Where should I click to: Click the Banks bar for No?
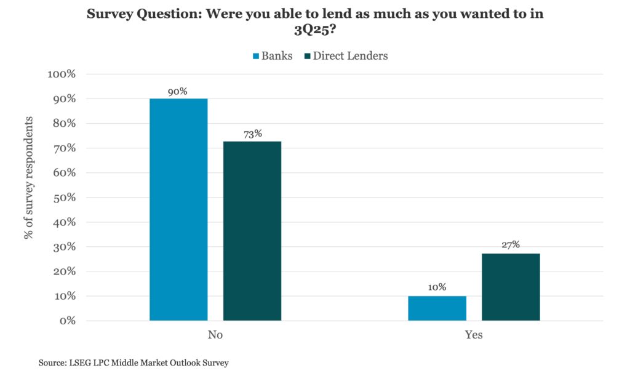pyautogui.click(x=178, y=209)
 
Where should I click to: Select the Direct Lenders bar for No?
pyautogui.click(x=252, y=231)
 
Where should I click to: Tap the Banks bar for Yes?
pyautogui.click(x=437, y=308)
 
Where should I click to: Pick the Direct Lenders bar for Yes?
pyautogui.click(x=511, y=287)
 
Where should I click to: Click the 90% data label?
pyautogui.click(x=178, y=92)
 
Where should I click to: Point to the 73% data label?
pyautogui.click(x=253, y=134)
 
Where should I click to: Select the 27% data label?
pyautogui.click(x=511, y=244)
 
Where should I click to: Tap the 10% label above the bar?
pyautogui.click(x=437, y=287)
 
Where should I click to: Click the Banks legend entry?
pyautogui.click(x=273, y=56)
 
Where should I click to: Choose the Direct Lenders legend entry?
pyautogui.click(x=346, y=56)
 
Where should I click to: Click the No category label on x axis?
pyautogui.click(x=215, y=335)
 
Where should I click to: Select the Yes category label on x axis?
pyautogui.click(x=474, y=335)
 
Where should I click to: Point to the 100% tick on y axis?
pyautogui.click(x=62, y=74)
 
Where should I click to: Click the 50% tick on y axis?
pyautogui.click(x=64, y=198)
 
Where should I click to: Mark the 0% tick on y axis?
pyautogui.click(x=68, y=321)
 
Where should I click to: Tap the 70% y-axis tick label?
pyautogui.click(x=64, y=148)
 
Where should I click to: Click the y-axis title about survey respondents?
pyautogui.click(x=28, y=178)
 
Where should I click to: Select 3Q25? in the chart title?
pyautogui.click(x=314, y=30)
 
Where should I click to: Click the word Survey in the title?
pyautogui.click(x=108, y=14)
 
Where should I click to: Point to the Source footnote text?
pyautogui.click(x=134, y=363)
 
